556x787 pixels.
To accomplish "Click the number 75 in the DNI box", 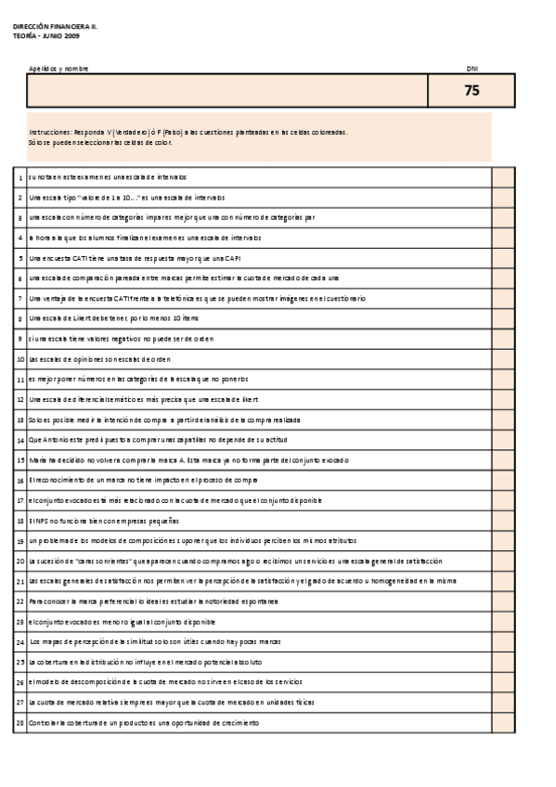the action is point(472,91).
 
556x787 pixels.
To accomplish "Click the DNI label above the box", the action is point(472,69).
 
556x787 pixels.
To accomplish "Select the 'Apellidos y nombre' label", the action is point(58,69).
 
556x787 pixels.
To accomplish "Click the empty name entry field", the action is point(227,91).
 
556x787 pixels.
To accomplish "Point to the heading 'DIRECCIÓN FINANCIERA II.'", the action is point(55,27).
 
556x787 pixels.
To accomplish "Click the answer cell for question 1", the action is point(503,176).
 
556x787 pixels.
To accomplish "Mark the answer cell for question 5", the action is point(503,257).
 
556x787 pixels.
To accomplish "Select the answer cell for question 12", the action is point(503,399).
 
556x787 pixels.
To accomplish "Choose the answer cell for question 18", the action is point(503,520).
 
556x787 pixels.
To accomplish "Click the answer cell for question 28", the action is point(503,722).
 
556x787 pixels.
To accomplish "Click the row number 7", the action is point(19,298).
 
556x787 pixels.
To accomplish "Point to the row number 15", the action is point(19,459).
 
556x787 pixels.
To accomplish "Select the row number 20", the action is point(19,561).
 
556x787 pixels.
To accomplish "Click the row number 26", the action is point(19,682).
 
